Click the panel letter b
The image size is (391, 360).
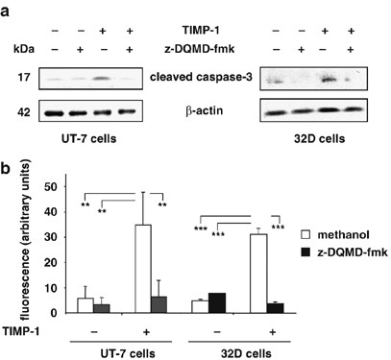9,171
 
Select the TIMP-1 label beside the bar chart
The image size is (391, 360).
39,329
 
